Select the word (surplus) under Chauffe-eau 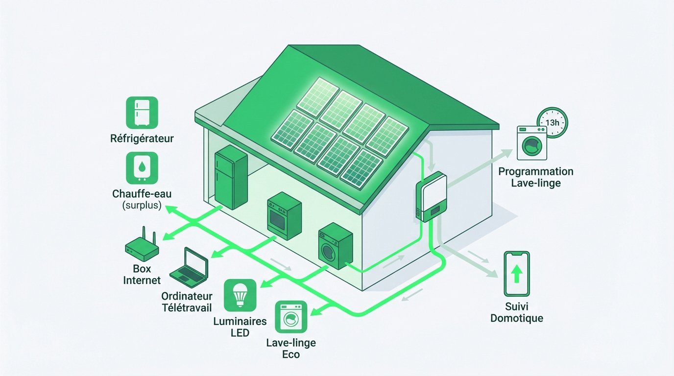pos(142,205)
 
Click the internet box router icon pos(142,247)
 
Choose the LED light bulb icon pos(240,295)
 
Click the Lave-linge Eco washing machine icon pos(291,316)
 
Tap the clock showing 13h pos(552,122)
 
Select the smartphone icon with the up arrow pos(517,274)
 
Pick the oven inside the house pos(284,218)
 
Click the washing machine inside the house pos(336,247)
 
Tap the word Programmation pos(535,172)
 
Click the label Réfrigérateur pos(142,139)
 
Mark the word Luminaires pos(240,322)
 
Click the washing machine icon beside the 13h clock pos(531,143)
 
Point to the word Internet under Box pos(142,281)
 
